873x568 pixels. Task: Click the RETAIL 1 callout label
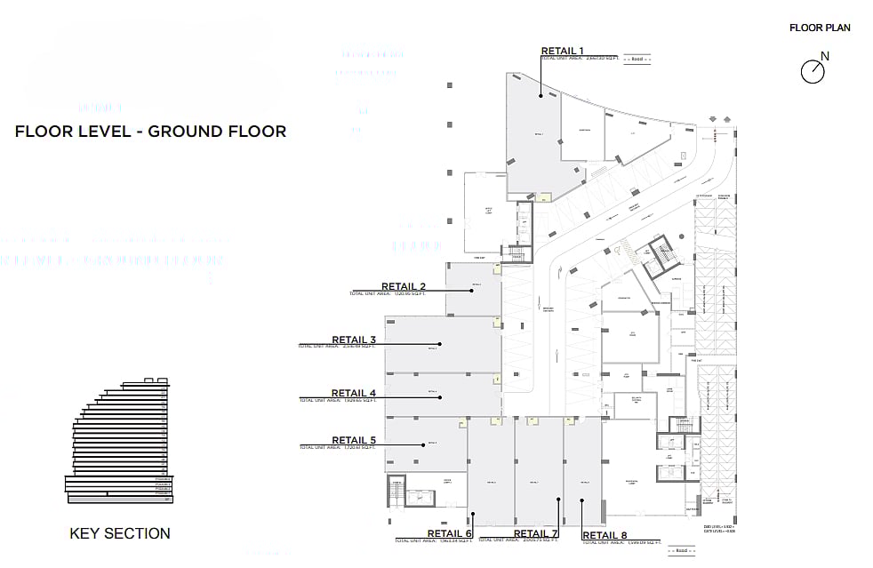point(562,51)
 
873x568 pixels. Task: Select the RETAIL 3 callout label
point(354,340)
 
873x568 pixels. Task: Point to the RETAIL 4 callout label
point(354,393)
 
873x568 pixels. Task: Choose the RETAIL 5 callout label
point(354,440)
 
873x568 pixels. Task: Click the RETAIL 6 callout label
point(449,534)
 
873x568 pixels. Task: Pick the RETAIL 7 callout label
point(535,534)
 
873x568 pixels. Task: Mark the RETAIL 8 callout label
point(605,535)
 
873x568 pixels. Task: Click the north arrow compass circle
point(813,72)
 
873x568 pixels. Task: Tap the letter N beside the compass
point(825,57)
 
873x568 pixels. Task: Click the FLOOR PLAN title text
point(820,28)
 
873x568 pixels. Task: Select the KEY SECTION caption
point(120,533)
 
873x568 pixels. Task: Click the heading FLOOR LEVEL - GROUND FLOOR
point(150,132)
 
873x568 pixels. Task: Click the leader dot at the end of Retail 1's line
point(539,94)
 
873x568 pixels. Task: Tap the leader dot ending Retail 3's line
point(439,344)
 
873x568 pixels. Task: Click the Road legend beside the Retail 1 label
point(637,59)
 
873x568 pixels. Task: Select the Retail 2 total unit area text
point(388,293)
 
